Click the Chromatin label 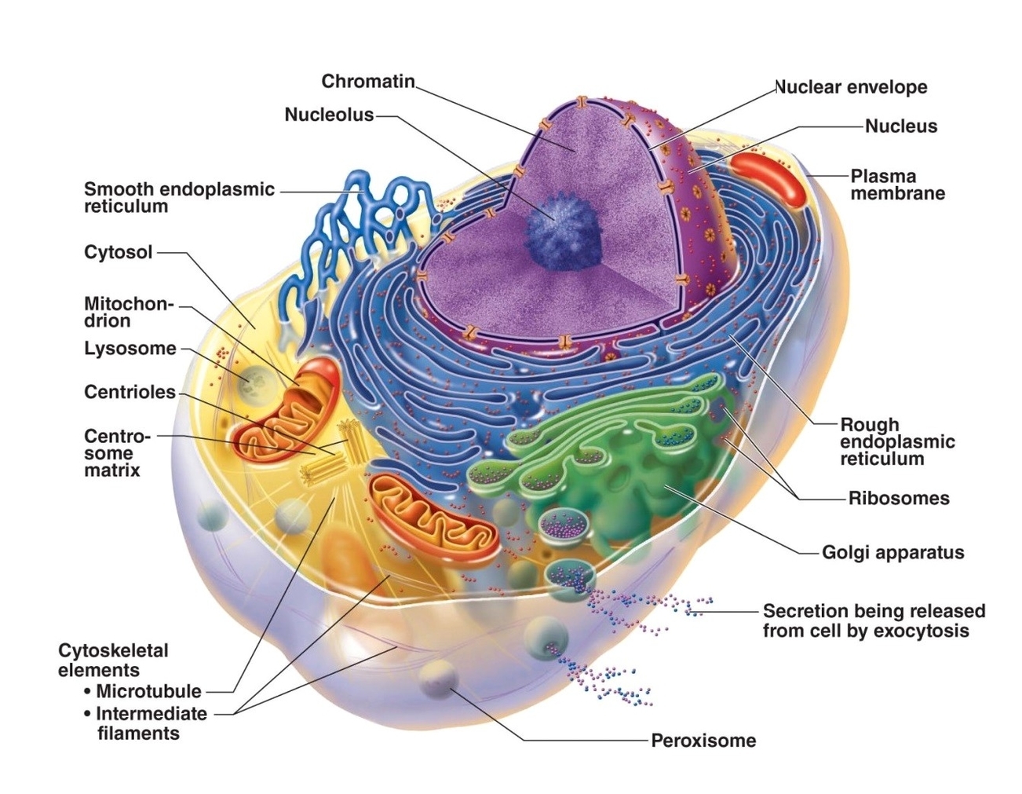(367, 81)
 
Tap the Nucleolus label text (329, 115)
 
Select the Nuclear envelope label (851, 87)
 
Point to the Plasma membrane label (897, 185)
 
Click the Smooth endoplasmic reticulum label (179, 197)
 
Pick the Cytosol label (118, 252)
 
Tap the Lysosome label (130, 348)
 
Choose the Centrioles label (130, 392)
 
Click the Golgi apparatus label (892, 552)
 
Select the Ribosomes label (898, 498)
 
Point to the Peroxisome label (703, 740)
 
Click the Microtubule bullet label (148, 691)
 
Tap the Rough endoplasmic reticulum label (896, 441)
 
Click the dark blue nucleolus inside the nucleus (562, 228)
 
